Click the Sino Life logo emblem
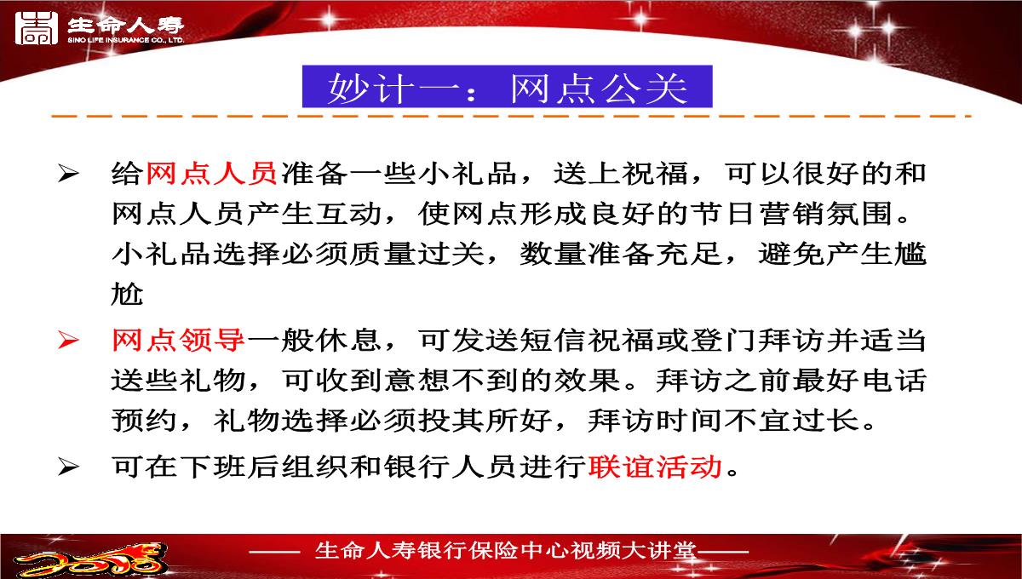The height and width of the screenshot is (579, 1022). pyautogui.click(x=37, y=28)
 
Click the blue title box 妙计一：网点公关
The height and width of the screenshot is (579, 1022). pyautogui.click(x=507, y=87)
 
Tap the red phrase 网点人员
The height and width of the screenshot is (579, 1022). pyautogui.click(x=211, y=174)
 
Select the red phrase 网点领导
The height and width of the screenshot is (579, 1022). pyautogui.click(x=178, y=341)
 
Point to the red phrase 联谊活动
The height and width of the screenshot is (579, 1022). pyautogui.click(x=655, y=467)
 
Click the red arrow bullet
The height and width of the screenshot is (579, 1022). pyautogui.click(x=69, y=341)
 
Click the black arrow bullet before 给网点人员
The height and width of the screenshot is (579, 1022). pyautogui.click(x=69, y=174)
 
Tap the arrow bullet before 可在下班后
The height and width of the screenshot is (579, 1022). pyautogui.click(x=69, y=467)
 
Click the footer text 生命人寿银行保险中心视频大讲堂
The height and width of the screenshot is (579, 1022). pyautogui.click(x=506, y=551)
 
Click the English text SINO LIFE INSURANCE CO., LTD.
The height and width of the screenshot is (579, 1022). pyautogui.click(x=126, y=40)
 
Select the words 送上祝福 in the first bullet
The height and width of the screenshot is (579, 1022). pyautogui.click(x=621, y=174)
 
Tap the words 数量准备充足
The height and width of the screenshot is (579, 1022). pyautogui.click(x=621, y=254)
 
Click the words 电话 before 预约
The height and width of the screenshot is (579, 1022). pyautogui.click(x=893, y=380)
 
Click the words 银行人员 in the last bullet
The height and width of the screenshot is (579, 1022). pyautogui.click(x=451, y=467)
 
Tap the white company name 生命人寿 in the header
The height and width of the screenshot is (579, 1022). pyautogui.click(x=126, y=25)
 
